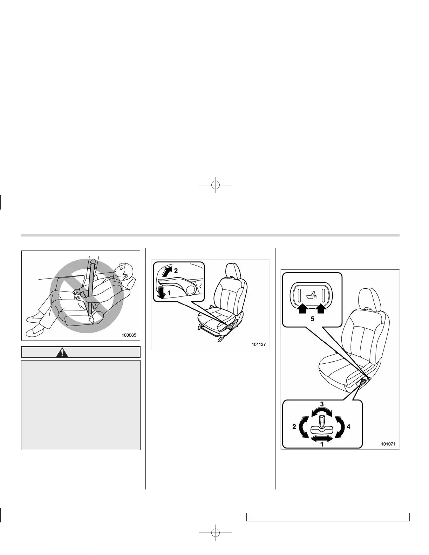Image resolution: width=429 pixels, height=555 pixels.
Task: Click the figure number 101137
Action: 258,344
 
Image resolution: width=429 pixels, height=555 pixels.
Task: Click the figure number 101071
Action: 388,444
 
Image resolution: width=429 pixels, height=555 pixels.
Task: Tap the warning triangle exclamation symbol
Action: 62,352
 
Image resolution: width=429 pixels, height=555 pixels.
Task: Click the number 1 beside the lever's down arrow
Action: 169,293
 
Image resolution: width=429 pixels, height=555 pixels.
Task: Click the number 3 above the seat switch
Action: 321,404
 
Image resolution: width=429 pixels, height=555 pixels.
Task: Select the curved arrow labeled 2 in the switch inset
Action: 305,427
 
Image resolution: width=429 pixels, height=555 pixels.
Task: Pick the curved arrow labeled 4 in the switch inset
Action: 339,427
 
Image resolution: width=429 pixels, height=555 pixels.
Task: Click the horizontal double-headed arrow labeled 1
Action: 322,438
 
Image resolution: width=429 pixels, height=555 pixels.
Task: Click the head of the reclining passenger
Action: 124,270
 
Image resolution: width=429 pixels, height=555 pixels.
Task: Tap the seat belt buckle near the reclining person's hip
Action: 92,316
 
